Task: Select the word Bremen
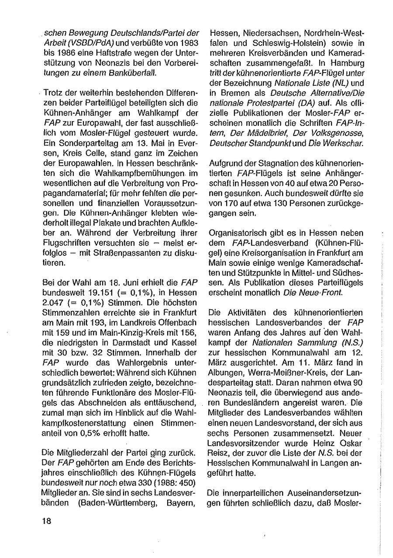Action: [234, 93]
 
